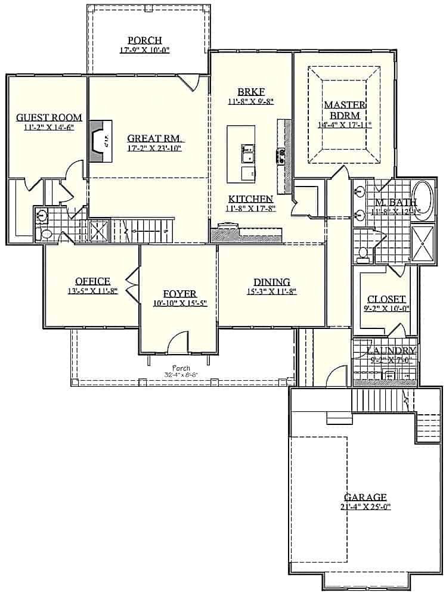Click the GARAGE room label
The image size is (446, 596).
click(x=365, y=497)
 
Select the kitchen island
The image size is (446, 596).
click(x=241, y=154)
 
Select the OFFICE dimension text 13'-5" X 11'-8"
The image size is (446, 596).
click(x=92, y=291)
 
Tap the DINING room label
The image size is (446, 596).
click(x=271, y=282)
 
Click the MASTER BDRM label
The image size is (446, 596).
click(x=345, y=110)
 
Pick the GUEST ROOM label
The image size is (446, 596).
click(x=49, y=117)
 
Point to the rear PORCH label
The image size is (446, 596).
click(x=144, y=41)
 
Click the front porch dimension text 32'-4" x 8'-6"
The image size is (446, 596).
click(x=181, y=375)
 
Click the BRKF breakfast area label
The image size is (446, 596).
click(x=250, y=92)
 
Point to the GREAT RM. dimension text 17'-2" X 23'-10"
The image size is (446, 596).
click(x=155, y=148)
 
